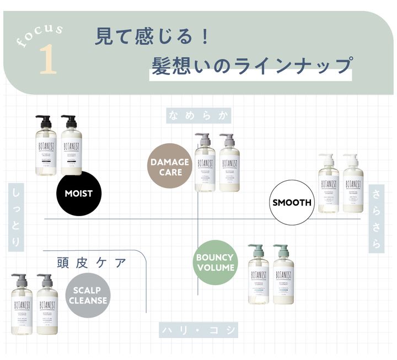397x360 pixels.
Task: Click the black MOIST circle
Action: coord(78,194)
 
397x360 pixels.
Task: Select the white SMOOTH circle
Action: coord(292,202)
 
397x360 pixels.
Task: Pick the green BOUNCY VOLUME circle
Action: coord(215,262)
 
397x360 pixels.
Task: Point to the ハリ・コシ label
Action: coord(198,330)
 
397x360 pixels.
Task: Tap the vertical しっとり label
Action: coord(16,218)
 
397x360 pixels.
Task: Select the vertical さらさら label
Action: coord(377,218)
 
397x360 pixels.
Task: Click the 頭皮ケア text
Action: coord(92,262)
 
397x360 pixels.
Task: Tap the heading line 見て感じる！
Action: coord(152,37)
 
